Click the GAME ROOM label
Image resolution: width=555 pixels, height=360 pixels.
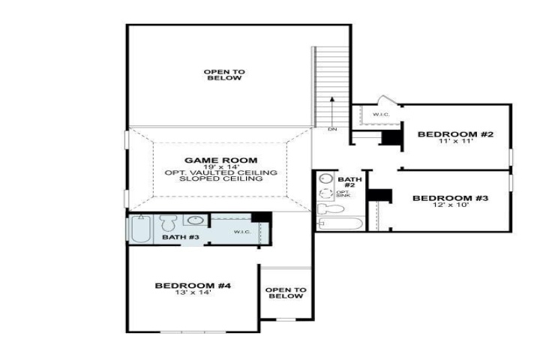point(220,160)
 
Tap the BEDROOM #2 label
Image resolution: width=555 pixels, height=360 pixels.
point(455,134)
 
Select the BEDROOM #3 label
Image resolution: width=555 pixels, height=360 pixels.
point(450,198)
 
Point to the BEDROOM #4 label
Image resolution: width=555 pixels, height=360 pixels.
point(193,286)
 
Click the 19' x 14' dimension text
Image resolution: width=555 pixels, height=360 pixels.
point(221,166)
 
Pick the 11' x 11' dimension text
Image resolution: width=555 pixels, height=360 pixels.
point(455,141)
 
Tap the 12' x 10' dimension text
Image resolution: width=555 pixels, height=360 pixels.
point(451,205)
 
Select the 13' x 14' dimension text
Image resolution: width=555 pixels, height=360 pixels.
point(193,292)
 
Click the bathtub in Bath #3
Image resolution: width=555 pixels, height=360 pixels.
point(141,229)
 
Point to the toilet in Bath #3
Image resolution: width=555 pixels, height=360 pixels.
point(168,223)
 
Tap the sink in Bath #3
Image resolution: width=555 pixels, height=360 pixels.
point(195,220)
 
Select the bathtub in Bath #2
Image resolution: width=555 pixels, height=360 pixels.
point(340,223)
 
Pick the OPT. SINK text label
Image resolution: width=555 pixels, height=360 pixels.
point(343,193)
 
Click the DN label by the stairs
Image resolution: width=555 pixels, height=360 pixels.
point(332,130)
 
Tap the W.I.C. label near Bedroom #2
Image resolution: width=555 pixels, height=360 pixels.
point(381,114)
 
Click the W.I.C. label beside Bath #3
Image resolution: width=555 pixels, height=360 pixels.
point(242,232)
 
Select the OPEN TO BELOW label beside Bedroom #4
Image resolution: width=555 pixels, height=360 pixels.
point(286,293)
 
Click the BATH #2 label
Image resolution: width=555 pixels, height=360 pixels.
point(349,182)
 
